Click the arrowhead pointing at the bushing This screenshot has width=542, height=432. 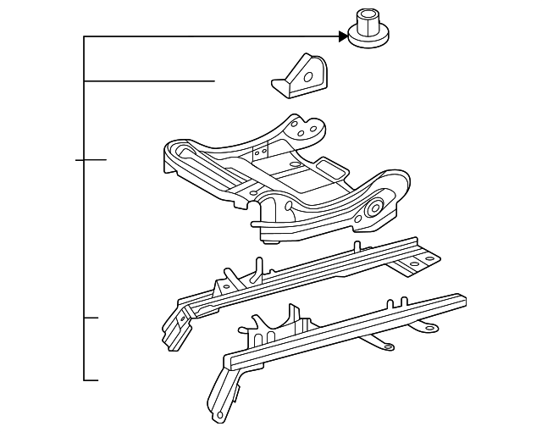pos(343,36)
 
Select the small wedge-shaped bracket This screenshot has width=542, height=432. pos(301,76)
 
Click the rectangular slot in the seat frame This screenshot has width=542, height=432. pos(259,152)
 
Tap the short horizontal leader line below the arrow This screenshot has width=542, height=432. pos(149,80)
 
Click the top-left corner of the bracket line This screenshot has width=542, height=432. pos(85,37)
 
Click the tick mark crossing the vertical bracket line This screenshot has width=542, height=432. pos(91,159)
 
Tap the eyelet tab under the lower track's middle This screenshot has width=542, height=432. pos(385,344)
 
